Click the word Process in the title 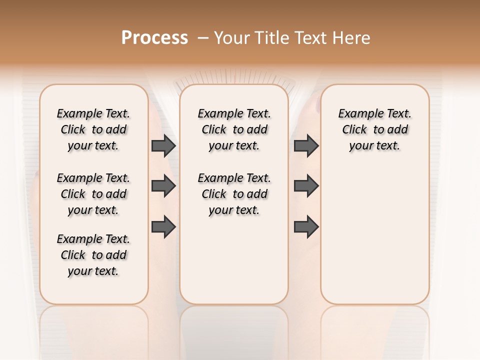click(x=154, y=37)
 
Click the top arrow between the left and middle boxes click(x=163, y=146)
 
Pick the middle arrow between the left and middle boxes click(x=163, y=186)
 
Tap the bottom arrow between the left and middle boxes click(x=163, y=226)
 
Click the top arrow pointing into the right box click(x=306, y=146)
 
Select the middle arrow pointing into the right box click(x=306, y=186)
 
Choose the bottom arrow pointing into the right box click(x=306, y=226)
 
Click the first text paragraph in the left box click(x=93, y=129)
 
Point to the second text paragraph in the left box click(x=93, y=194)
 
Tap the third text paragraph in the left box click(x=93, y=255)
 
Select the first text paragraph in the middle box click(x=234, y=129)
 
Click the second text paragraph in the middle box click(x=234, y=194)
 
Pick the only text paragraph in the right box click(x=374, y=129)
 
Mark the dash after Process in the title click(x=203, y=37)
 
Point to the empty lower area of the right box click(x=374, y=235)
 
